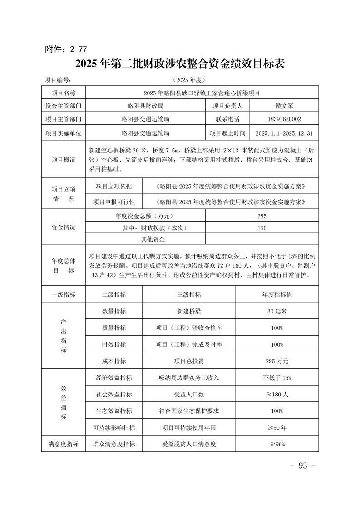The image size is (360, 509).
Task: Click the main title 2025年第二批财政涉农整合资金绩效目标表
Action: (x=180, y=64)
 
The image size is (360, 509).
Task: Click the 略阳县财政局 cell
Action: (x=145, y=106)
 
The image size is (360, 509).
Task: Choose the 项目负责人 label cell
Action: (x=227, y=106)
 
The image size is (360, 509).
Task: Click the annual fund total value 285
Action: (x=261, y=216)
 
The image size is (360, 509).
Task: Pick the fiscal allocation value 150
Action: (x=261, y=228)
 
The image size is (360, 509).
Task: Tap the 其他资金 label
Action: (x=153, y=239)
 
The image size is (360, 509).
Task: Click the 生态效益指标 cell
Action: (x=114, y=411)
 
